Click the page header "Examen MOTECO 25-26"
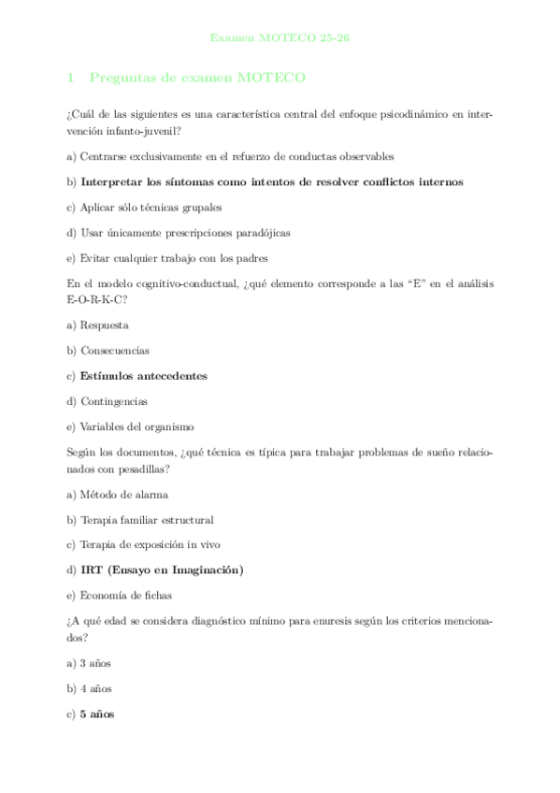tap(280, 38)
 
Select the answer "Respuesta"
tap(104, 324)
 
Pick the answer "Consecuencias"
tap(114, 351)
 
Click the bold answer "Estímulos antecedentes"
tap(144, 376)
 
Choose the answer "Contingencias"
tap(113, 401)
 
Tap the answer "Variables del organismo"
tap(136, 426)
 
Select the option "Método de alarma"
tap(124, 494)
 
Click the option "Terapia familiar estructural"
tap(147, 519)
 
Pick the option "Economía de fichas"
tap(125, 595)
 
